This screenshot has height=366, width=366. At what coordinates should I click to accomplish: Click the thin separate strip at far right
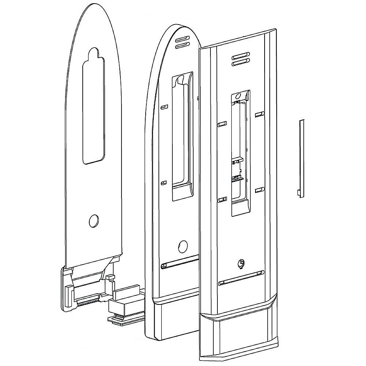point(301,157)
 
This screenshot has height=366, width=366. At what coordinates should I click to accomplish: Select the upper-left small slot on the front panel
point(222,124)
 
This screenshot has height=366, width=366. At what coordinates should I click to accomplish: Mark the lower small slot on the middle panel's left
point(163,182)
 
